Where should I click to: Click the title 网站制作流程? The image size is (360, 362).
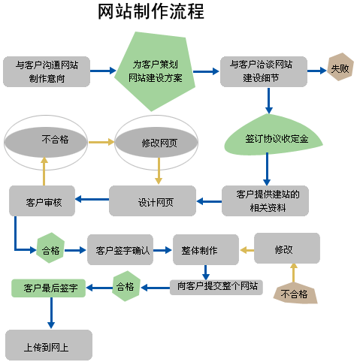(151, 13)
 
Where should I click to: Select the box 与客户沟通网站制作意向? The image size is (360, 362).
(47, 71)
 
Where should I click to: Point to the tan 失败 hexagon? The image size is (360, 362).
(340, 69)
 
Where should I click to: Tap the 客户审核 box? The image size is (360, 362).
(43, 202)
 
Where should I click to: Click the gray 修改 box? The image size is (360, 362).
(286, 248)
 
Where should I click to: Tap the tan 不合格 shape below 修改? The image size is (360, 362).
(294, 293)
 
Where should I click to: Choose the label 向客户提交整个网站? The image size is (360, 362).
(216, 286)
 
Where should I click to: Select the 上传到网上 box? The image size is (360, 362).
(49, 345)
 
